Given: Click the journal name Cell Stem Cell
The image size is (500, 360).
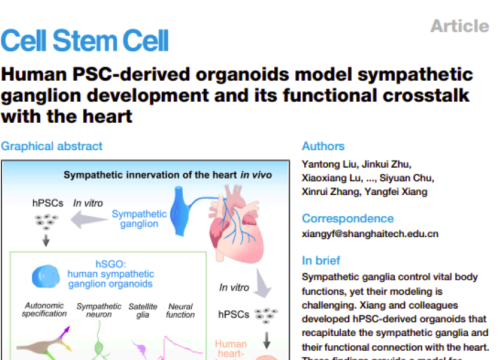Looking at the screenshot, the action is pyautogui.click(x=84, y=41).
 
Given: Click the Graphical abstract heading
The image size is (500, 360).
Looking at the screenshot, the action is pyautogui.click(x=51, y=146).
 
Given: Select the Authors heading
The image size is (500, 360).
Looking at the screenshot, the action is pyautogui.click(x=324, y=146).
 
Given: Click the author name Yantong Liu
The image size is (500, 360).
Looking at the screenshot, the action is pyautogui.click(x=326, y=164).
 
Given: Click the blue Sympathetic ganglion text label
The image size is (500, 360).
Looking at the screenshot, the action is pyautogui.click(x=139, y=219).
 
